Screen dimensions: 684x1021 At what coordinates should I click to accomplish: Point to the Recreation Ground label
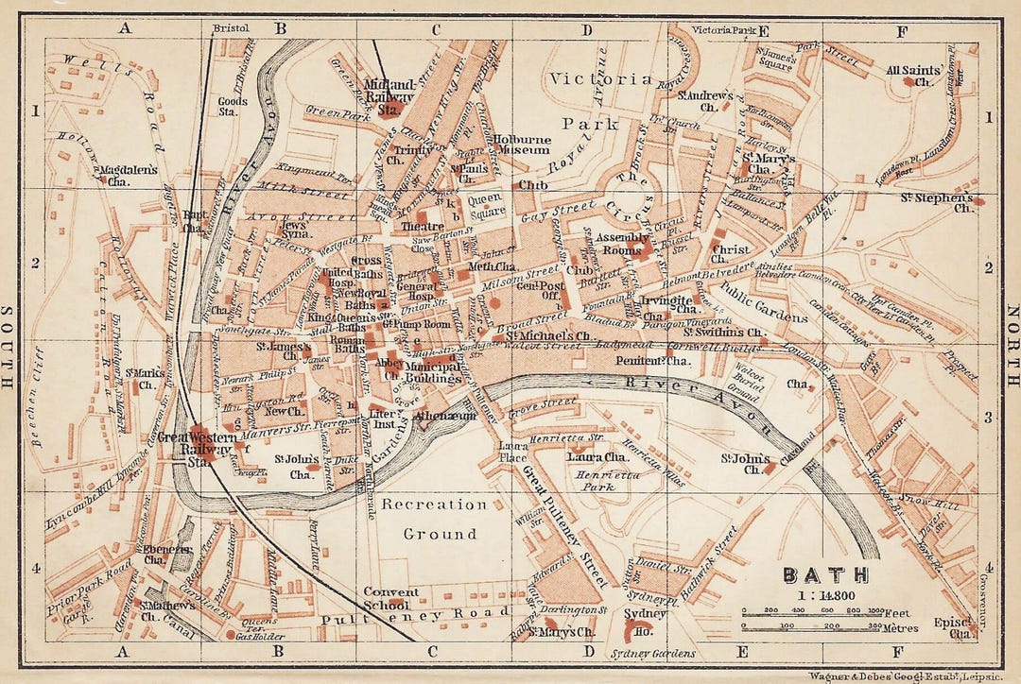tap(434, 519)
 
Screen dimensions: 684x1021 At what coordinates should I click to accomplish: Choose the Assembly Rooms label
tap(619, 244)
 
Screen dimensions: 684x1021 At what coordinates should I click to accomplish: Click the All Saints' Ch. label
tap(906, 76)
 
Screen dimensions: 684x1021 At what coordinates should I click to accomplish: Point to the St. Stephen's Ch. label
tap(948, 202)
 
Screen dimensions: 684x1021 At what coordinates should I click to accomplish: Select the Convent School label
tap(387, 598)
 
